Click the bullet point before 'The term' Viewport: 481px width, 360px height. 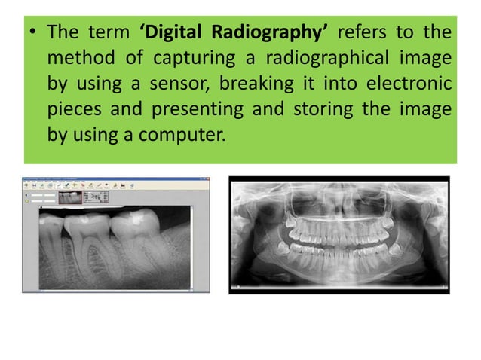pos(34,35)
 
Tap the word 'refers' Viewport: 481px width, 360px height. pos(366,34)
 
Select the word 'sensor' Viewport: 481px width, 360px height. pos(178,84)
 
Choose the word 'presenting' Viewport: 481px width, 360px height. pos(198,108)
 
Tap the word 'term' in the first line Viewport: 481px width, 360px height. pos(112,34)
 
